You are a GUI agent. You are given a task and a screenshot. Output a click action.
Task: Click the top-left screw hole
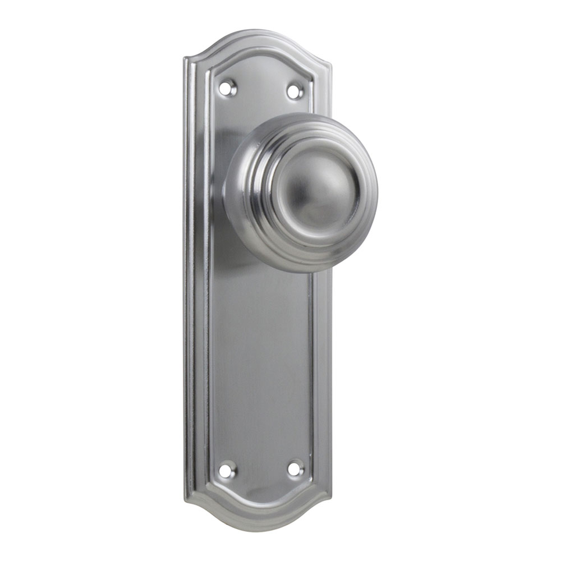click(x=227, y=88)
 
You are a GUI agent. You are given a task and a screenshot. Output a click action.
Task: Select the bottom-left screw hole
click(x=227, y=470)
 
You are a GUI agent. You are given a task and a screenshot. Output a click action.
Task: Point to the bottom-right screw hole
click(x=295, y=469)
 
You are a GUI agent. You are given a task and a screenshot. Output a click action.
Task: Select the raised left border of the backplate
click(x=194, y=280)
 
